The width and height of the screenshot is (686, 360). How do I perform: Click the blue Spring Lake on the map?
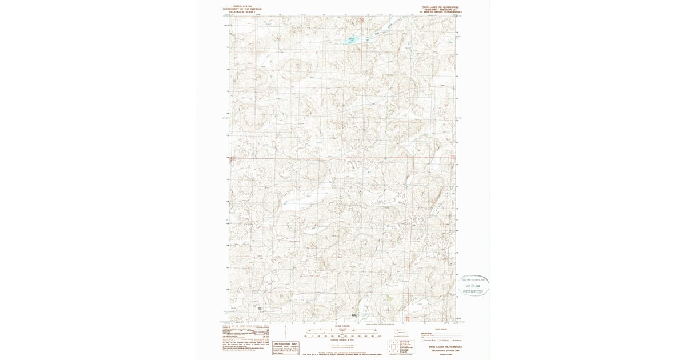[x=353, y=40]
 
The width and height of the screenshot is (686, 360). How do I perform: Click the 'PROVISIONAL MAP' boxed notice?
[x=286, y=345]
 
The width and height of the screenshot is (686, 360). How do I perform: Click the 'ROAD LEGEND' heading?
[x=440, y=329]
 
